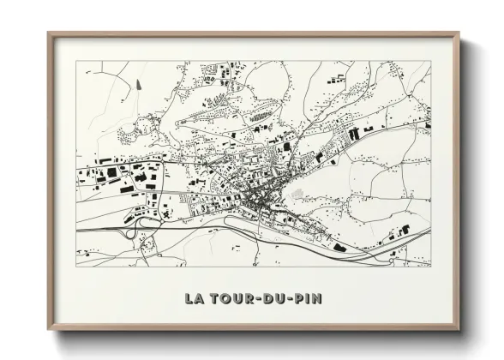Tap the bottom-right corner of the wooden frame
tap(459, 330)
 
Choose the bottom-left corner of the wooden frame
tap(49, 330)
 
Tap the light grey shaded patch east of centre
tap(297, 195)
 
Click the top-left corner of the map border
tap(75, 61)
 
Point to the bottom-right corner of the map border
tap(431, 266)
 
